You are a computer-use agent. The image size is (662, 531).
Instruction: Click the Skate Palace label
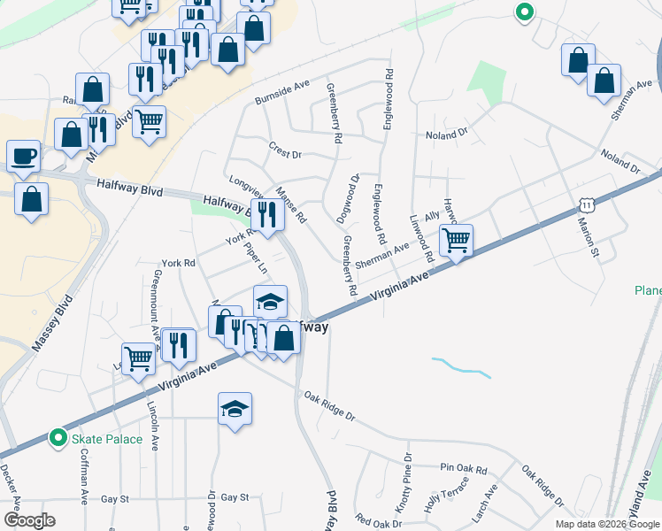(108, 439)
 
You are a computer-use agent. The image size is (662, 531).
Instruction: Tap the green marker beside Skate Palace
(58, 438)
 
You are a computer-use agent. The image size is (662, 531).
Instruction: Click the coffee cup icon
(23, 156)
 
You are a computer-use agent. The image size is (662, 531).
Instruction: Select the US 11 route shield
(586, 205)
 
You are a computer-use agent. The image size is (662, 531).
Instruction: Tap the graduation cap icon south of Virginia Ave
(235, 409)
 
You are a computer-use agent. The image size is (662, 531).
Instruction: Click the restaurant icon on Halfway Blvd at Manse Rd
(267, 212)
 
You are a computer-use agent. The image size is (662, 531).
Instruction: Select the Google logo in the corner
(28, 520)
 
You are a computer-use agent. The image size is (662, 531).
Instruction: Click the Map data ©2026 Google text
(607, 524)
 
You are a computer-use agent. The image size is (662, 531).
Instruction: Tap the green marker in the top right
(524, 12)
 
